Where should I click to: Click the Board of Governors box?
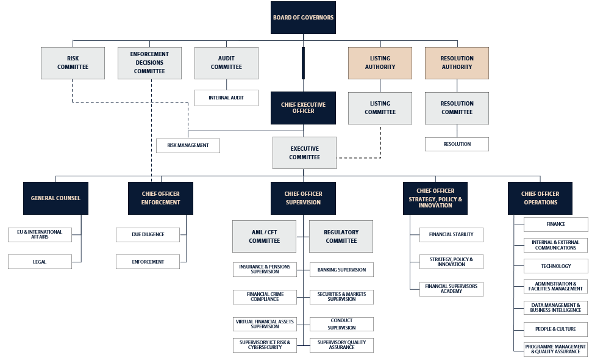click(303, 18)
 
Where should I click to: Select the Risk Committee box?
click(73, 63)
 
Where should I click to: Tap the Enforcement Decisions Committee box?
click(149, 63)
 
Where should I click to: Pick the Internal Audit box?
click(226, 98)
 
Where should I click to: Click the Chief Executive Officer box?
click(303, 108)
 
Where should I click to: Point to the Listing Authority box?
click(380, 63)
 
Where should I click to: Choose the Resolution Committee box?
click(457, 108)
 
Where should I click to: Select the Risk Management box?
click(188, 146)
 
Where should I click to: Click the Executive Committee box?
click(304, 153)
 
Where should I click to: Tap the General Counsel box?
click(55, 198)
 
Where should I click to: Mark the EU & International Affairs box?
click(40, 234)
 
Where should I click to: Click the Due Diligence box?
click(148, 234)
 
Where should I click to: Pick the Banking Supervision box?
click(341, 270)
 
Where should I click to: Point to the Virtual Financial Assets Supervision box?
click(265, 324)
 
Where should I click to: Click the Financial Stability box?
click(451, 234)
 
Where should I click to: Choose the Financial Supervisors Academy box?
click(451, 289)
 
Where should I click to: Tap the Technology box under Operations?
click(556, 266)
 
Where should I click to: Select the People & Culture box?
click(556, 329)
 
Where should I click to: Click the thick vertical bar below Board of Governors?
click(303, 63)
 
